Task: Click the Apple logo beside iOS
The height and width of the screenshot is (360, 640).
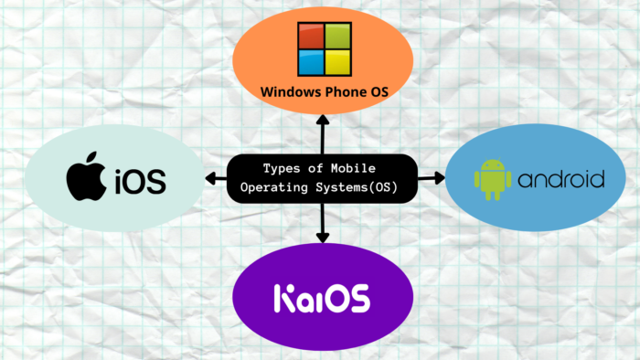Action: [88, 178]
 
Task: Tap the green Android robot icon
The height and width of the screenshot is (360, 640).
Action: [492, 178]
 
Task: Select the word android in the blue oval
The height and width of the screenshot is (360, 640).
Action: [560, 178]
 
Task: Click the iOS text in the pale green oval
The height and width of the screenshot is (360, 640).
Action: [140, 180]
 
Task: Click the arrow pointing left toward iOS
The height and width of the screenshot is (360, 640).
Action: [215, 177]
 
